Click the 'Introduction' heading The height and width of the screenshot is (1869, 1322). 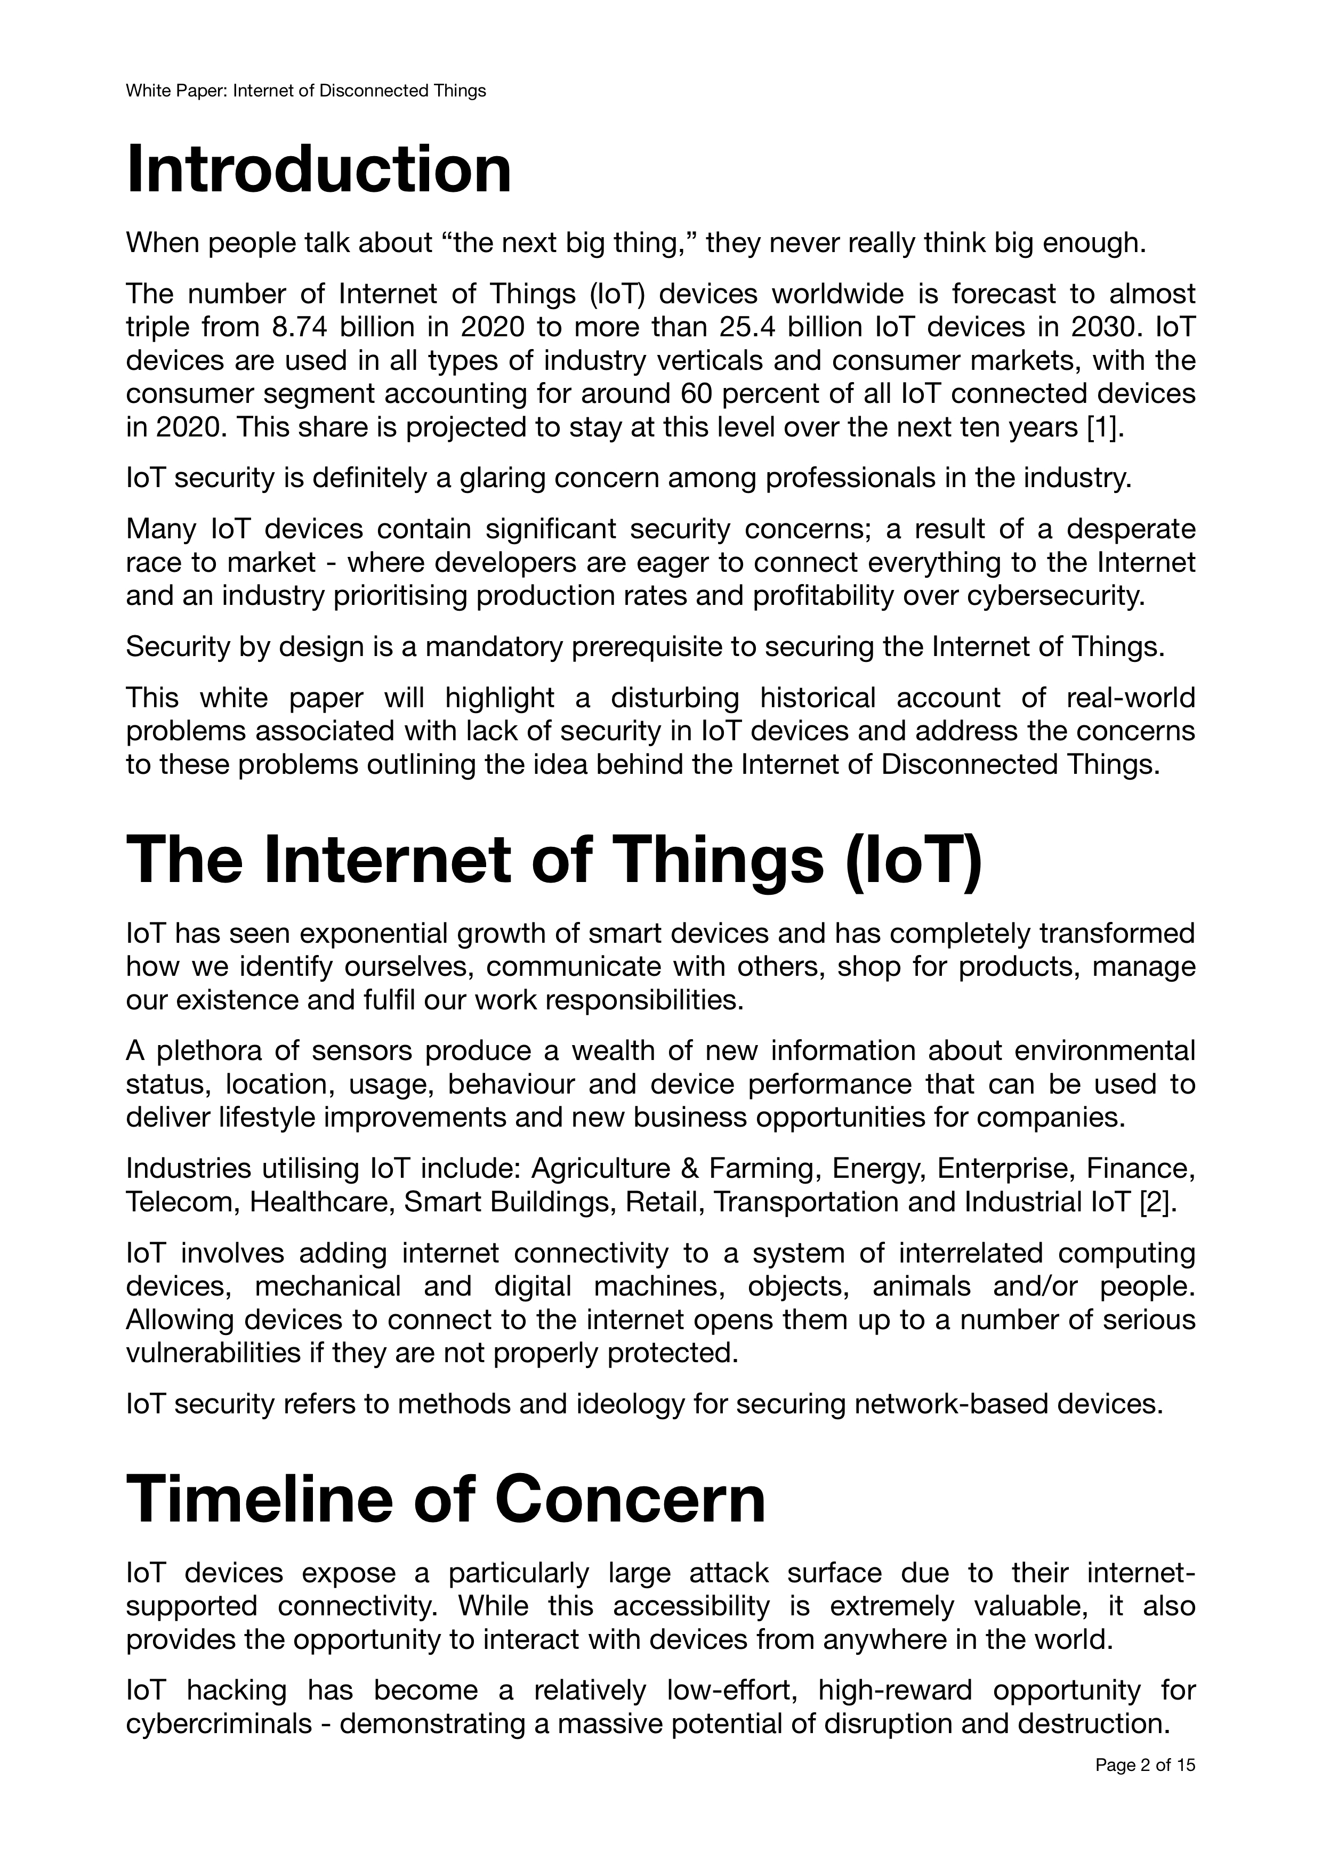(x=319, y=169)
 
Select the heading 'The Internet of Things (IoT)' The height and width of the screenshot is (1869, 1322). (x=554, y=861)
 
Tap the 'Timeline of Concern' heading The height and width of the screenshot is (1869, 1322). (x=446, y=1500)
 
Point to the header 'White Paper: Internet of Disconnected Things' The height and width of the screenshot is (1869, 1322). (x=305, y=91)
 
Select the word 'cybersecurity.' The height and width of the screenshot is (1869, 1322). (x=1056, y=597)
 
